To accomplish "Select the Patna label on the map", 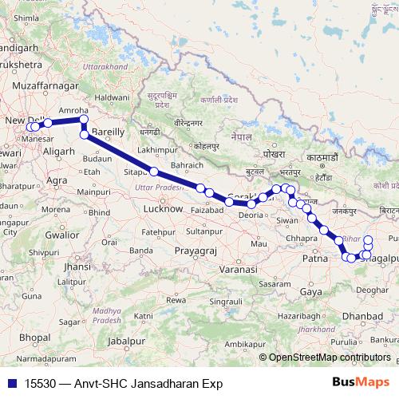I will [317, 259].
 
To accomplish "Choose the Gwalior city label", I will [61, 235].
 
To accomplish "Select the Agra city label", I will [57, 180].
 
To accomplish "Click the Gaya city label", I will [311, 293].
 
